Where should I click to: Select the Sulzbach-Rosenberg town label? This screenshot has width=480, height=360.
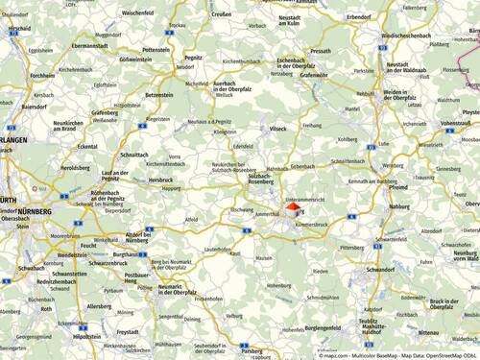263,180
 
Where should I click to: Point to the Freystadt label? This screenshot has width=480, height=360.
128,332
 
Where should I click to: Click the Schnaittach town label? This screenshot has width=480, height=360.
136,155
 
